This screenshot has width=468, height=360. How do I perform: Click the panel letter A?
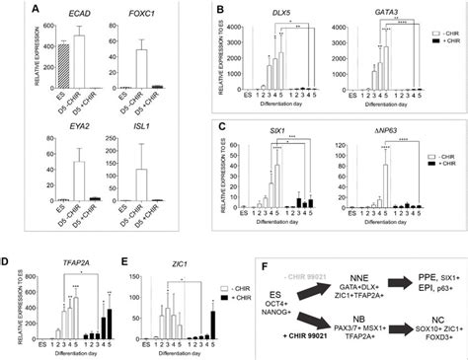pyautogui.click(x=12, y=10)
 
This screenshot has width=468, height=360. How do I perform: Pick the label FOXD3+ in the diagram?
pyautogui.click(x=433, y=334)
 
